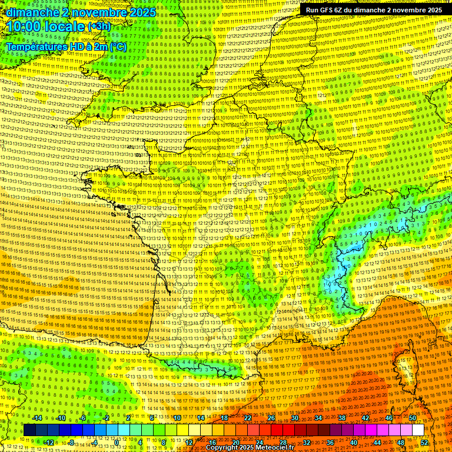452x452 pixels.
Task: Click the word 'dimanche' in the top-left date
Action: click(x=30, y=12)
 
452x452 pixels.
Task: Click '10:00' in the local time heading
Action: click(x=24, y=26)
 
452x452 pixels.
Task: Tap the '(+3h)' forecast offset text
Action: click(x=98, y=26)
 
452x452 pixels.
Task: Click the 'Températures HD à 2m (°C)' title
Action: click(x=66, y=46)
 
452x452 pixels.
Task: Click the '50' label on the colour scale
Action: click(x=412, y=418)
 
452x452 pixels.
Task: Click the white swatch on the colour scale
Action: click(x=418, y=430)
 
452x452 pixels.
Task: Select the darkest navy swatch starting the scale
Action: click(x=29, y=430)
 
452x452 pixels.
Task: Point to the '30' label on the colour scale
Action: click(x=294, y=418)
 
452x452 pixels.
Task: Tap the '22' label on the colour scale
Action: click(x=247, y=418)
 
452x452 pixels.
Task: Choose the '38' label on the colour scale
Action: click(x=341, y=418)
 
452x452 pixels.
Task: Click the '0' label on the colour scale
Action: click(x=117, y=443)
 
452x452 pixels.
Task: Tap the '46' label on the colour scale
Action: click(x=388, y=418)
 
